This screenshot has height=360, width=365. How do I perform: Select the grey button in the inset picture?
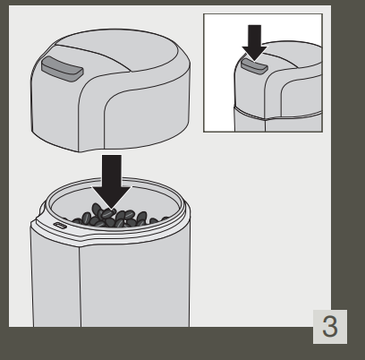coord(253,64)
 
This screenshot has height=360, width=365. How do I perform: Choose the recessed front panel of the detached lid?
coord(143,116)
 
